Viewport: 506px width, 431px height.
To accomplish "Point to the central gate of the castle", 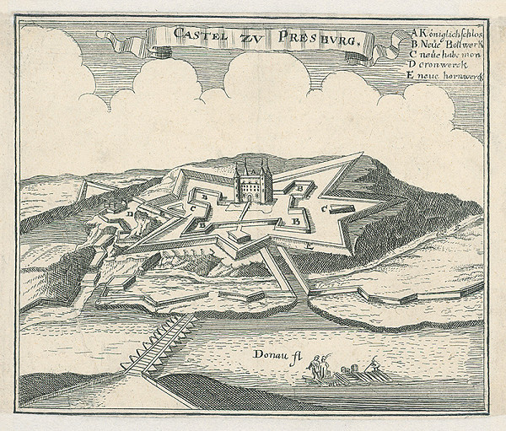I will coord(250,192).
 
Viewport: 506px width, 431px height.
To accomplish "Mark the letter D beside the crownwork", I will coord(132,214).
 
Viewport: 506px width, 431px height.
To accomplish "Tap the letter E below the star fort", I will coord(310,245).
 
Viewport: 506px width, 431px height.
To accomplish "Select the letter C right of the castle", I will coord(324,208).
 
